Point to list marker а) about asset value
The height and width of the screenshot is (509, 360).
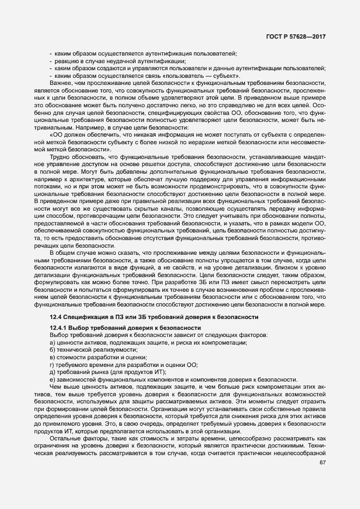pos(52,342)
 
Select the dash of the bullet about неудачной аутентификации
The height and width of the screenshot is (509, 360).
pos(51,60)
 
